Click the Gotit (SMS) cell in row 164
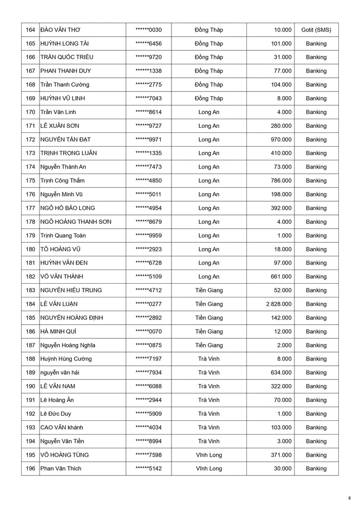coord(316,30)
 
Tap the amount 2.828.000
coord(278,304)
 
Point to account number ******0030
coord(148,30)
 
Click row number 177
coord(31,208)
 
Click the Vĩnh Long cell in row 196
coord(209,468)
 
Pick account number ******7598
coord(148,455)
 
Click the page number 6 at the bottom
coord(350,498)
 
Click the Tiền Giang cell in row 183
coord(209,290)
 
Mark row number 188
coord(31,359)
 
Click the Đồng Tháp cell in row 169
coord(209,99)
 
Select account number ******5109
coord(148,277)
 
